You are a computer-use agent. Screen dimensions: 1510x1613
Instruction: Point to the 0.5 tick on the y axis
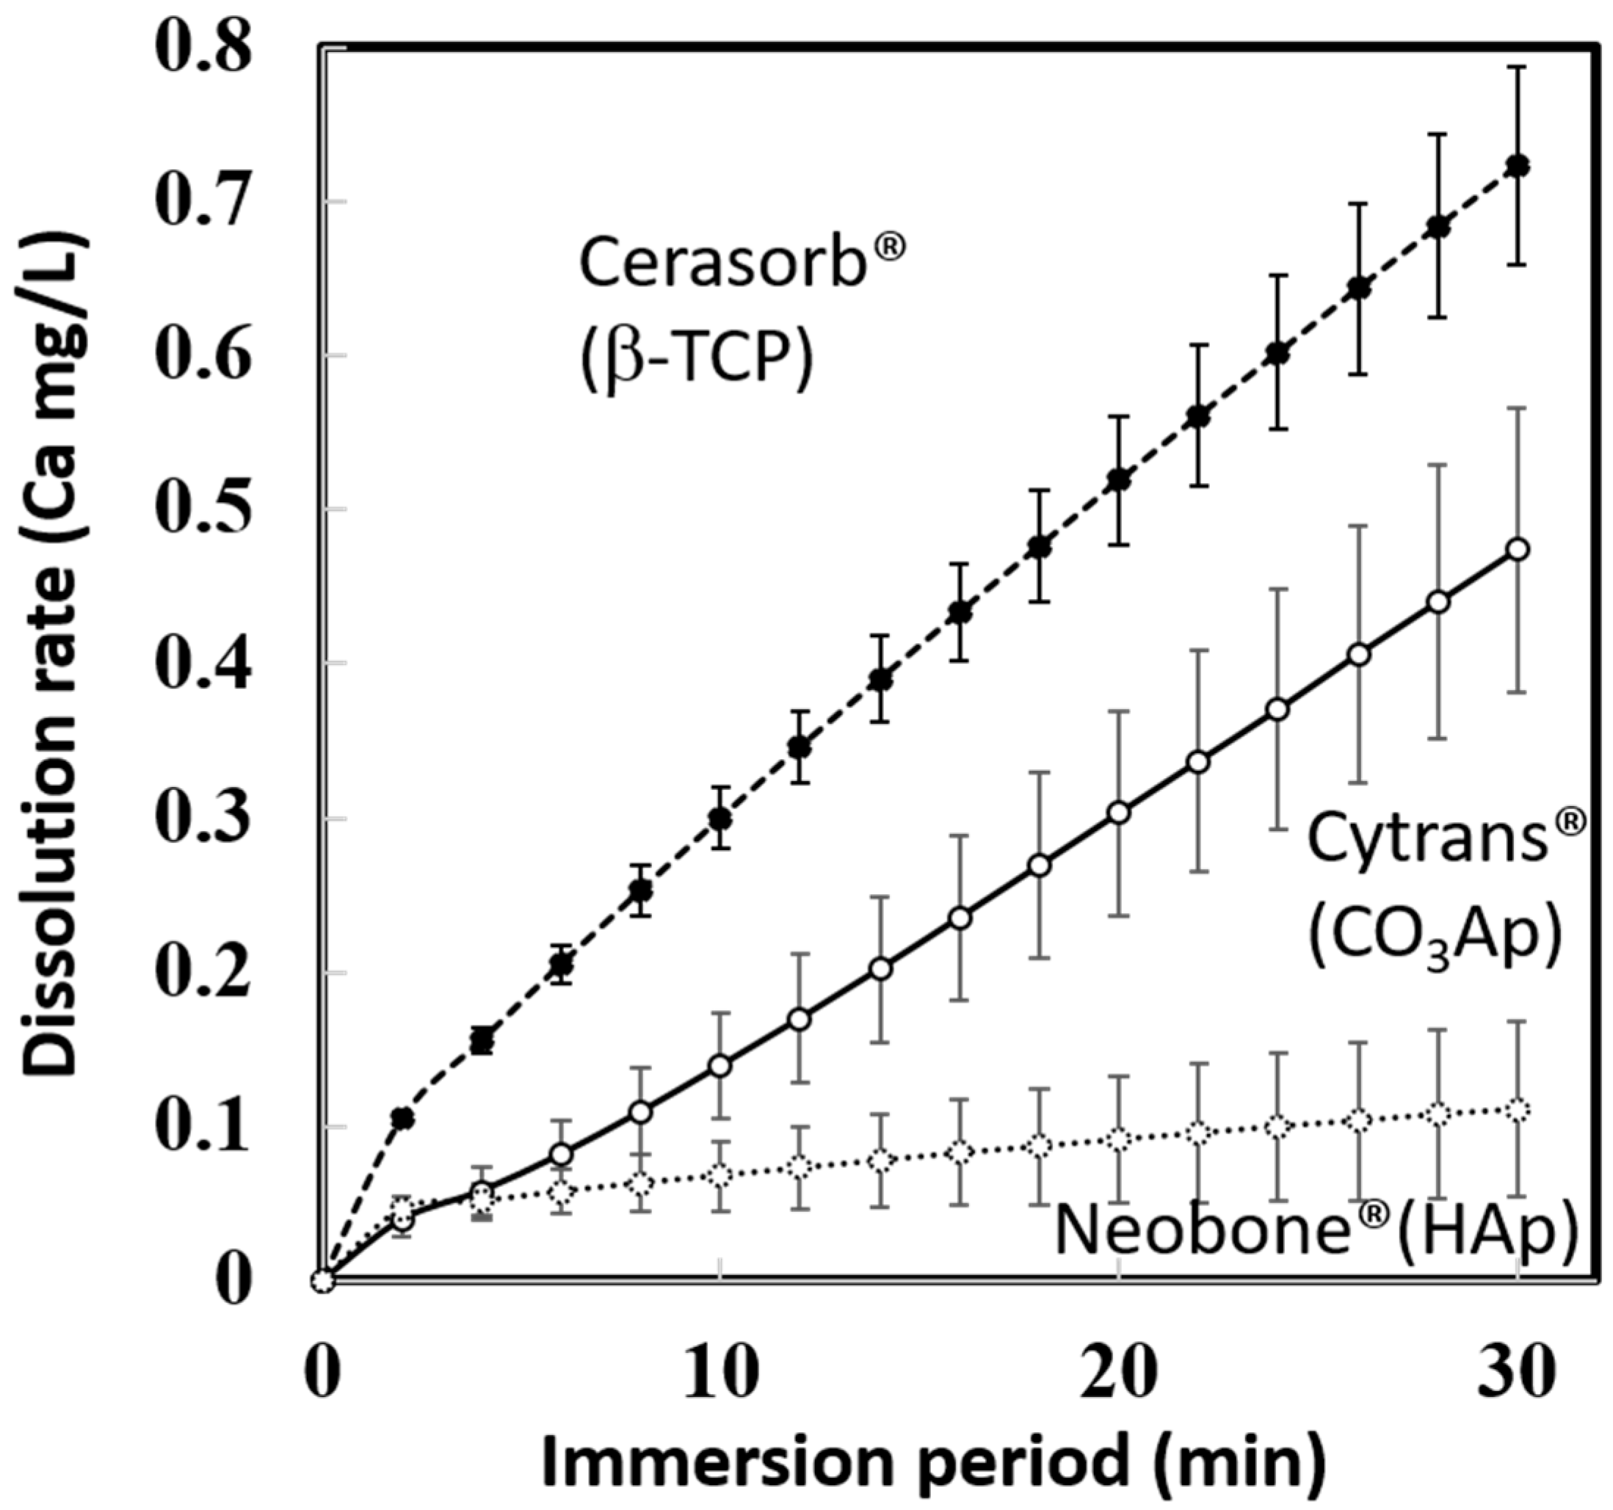[199, 509]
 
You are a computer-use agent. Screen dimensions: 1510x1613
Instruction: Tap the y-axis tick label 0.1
[199, 1127]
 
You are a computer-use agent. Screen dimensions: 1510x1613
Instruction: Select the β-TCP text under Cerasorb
[696, 359]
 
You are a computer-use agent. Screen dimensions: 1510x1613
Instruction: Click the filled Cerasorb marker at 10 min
[719, 818]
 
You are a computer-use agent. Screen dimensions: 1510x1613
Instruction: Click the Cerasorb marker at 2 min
[402, 1119]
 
